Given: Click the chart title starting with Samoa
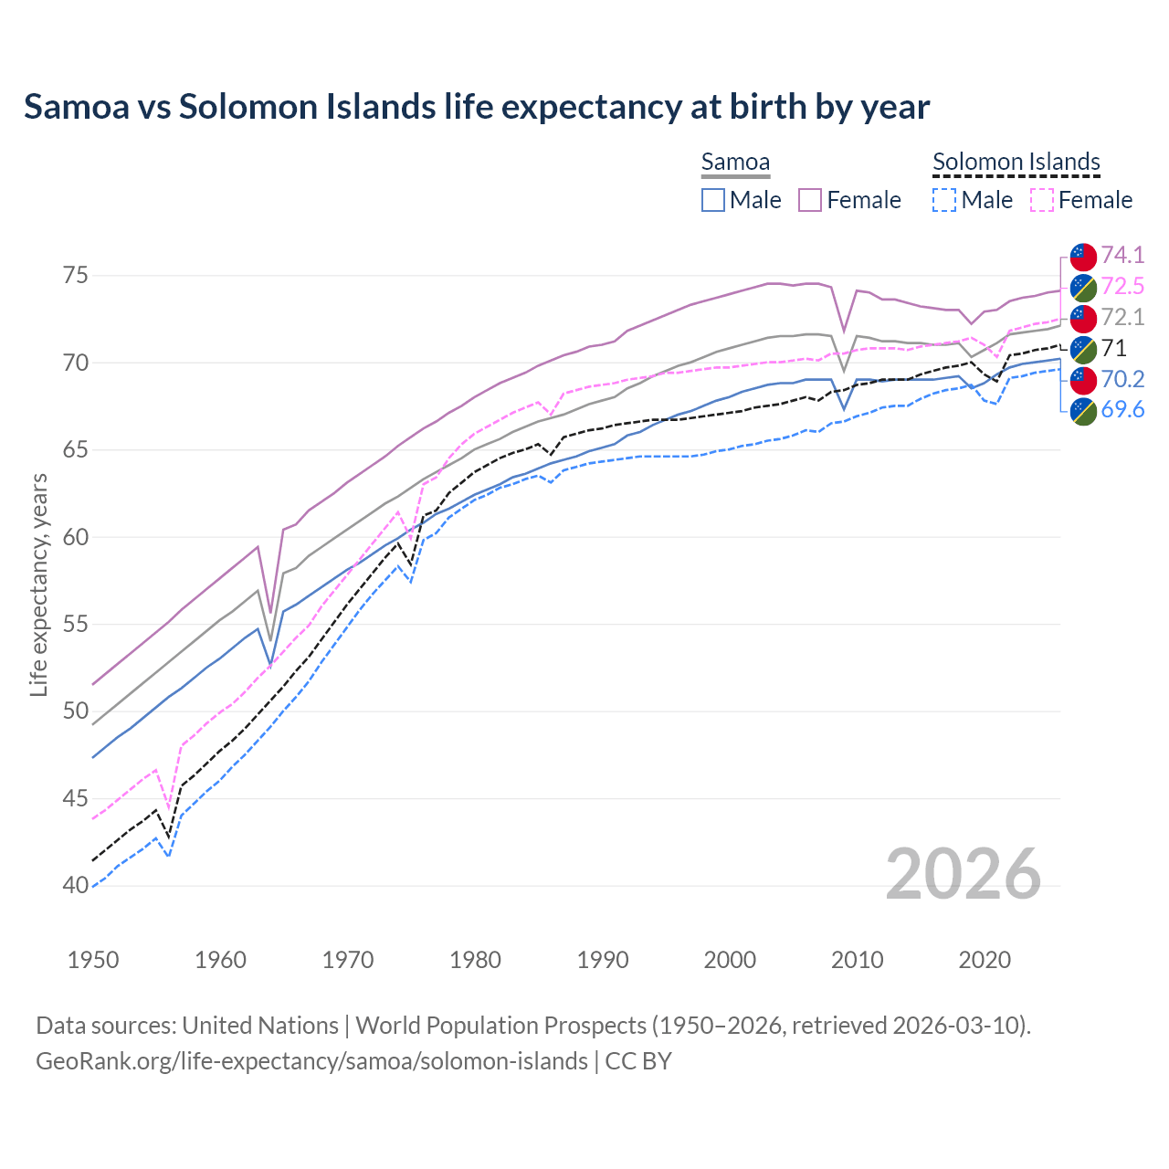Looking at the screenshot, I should coord(476,107).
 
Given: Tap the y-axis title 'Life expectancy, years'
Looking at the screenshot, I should coord(38,584).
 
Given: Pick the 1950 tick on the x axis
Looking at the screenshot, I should coord(93,960).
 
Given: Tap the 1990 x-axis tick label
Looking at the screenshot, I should coord(603,960).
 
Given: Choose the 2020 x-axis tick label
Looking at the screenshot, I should coord(985,960).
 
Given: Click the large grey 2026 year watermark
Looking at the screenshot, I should coord(963,875).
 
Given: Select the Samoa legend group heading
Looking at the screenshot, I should coord(735,163).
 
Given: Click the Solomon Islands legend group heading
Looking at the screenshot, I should coord(1016,163).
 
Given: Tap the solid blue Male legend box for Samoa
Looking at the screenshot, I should coord(713,200).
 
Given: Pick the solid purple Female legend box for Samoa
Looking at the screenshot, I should coord(810,200).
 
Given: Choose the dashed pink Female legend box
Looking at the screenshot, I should coord(1042,200).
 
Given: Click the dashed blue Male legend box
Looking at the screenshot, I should coord(944,200).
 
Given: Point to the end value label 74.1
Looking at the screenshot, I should coord(1122,255).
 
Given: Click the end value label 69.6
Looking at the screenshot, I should coord(1122,410).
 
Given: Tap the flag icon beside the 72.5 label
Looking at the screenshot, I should coord(1083,287).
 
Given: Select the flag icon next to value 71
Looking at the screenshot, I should coord(1083,349).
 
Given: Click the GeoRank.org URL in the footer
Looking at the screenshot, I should coord(311,1061).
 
